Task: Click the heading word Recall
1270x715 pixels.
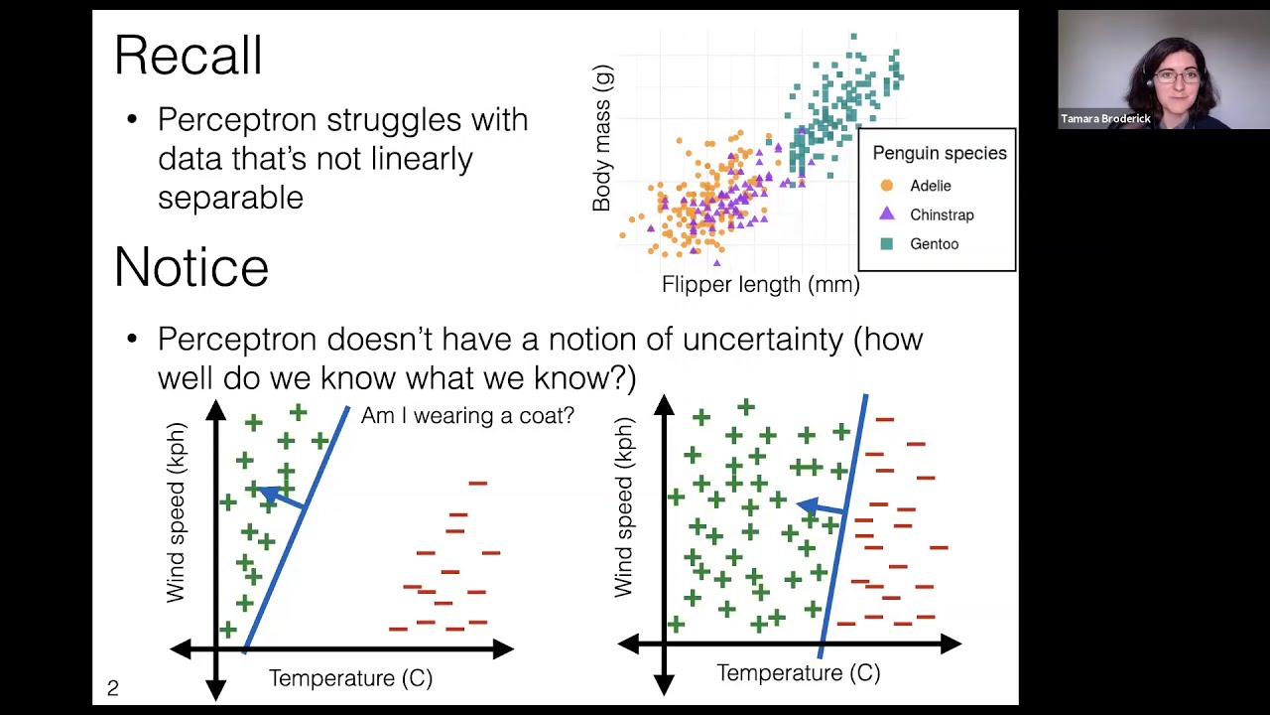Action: pyautogui.click(x=189, y=56)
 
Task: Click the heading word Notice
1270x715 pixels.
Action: pyautogui.click(x=191, y=268)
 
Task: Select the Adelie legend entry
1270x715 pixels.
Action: pyautogui.click(x=930, y=186)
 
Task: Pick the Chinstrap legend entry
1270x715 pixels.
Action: pyautogui.click(x=942, y=214)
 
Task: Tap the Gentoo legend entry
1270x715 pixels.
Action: pyautogui.click(x=934, y=243)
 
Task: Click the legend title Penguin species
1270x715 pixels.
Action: pyautogui.click(x=939, y=153)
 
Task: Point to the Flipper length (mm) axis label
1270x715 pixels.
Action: pyautogui.click(x=760, y=285)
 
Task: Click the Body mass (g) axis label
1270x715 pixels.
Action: pyautogui.click(x=602, y=138)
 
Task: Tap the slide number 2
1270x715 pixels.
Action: pyautogui.click(x=113, y=687)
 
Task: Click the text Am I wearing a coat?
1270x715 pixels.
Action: pyautogui.click(x=467, y=415)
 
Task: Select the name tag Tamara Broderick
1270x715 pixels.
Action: pyautogui.click(x=1105, y=119)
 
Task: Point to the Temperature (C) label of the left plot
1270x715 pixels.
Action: pyautogui.click(x=350, y=678)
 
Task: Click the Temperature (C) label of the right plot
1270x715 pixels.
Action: pyautogui.click(x=798, y=673)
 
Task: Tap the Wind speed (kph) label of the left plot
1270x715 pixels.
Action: pyautogui.click(x=176, y=512)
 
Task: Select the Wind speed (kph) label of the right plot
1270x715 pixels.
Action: pyautogui.click(x=623, y=507)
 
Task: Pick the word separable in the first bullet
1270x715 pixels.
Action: pyautogui.click(x=230, y=198)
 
